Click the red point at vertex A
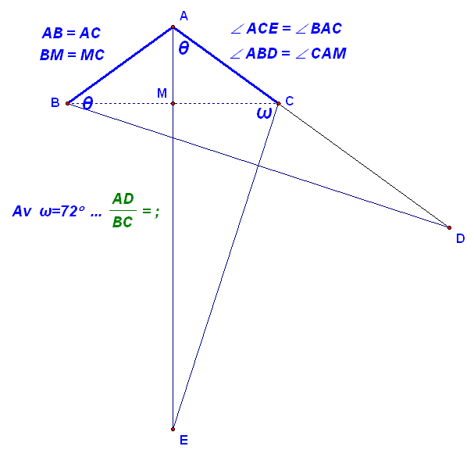point(173,27)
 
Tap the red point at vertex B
point(67,103)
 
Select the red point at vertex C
point(279,103)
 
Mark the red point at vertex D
point(449,227)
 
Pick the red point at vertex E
point(173,429)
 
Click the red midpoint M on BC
point(173,103)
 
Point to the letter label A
point(184,16)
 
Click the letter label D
point(460,238)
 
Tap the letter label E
point(184,440)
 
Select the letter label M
point(162,93)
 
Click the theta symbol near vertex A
point(184,48)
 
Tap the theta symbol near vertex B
point(87,103)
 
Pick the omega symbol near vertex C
point(264,113)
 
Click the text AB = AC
point(71,33)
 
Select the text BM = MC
point(72,55)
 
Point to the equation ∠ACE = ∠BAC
point(287,28)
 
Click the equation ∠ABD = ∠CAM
point(288,54)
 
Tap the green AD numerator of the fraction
point(123,198)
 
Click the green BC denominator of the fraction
point(123,223)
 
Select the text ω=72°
point(62,211)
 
